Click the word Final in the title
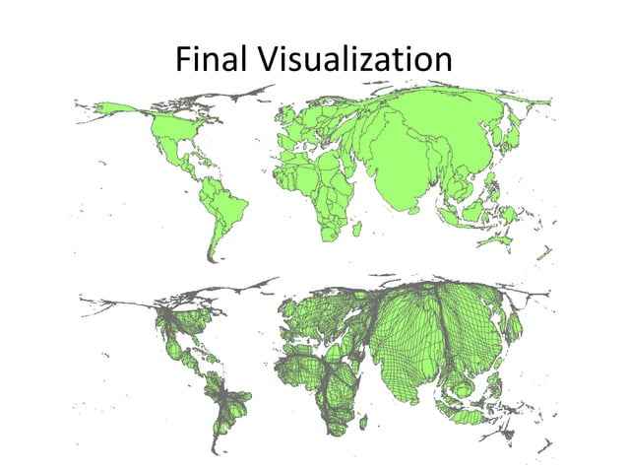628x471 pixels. click(x=212, y=60)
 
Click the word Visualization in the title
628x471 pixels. click(x=354, y=60)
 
